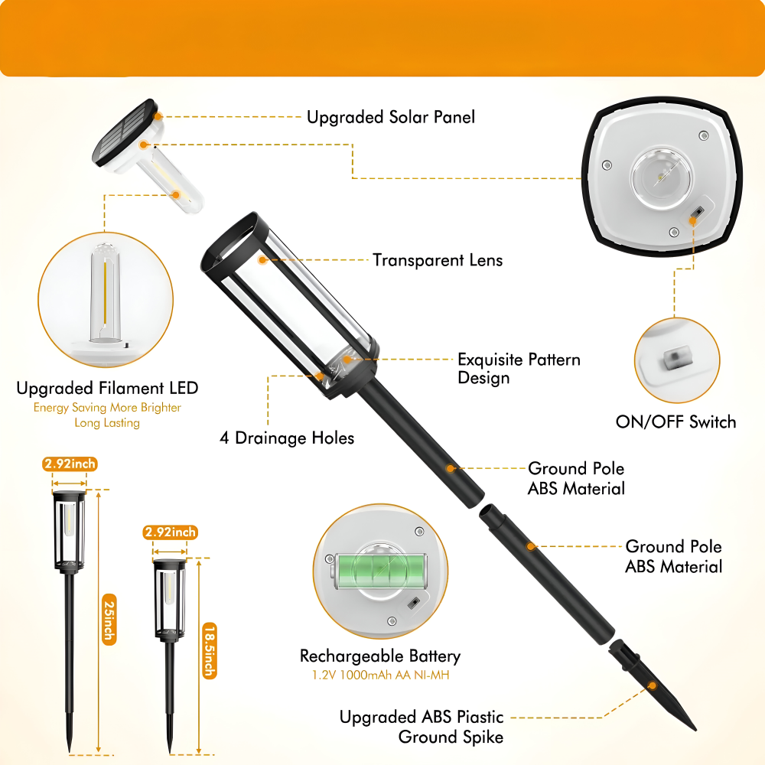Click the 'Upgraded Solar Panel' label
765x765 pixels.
pyautogui.click(x=391, y=117)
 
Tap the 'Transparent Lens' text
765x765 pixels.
pyautogui.click(x=438, y=260)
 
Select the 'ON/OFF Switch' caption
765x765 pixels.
pyautogui.click(x=675, y=422)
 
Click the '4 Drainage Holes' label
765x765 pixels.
pyautogui.click(x=287, y=438)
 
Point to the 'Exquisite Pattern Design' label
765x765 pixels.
pyautogui.click(x=519, y=369)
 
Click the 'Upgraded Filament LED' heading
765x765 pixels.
pyautogui.click(x=107, y=388)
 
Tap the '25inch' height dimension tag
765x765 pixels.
pyautogui.click(x=109, y=620)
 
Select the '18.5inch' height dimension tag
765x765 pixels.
pyautogui.click(x=210, y=651)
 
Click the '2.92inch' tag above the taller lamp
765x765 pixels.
pyautogui.click(x=70, y=464)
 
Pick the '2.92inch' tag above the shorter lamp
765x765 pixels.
pyautogui.click(x=171, y=532)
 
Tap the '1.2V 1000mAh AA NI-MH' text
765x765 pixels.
pyautogui.click(x=380, y=675)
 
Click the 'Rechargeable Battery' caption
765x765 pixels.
pyautogui.click(x=380, y=656)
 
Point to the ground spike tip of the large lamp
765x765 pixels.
pyautogui.click(x=695, y=730)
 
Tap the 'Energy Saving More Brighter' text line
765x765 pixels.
pyautogui.click(x=107, y=408)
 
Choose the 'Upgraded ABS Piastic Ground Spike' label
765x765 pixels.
pyautogui.click(x=422, y=727)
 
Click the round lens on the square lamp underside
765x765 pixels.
pyautogui.click(x=661, y=177)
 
